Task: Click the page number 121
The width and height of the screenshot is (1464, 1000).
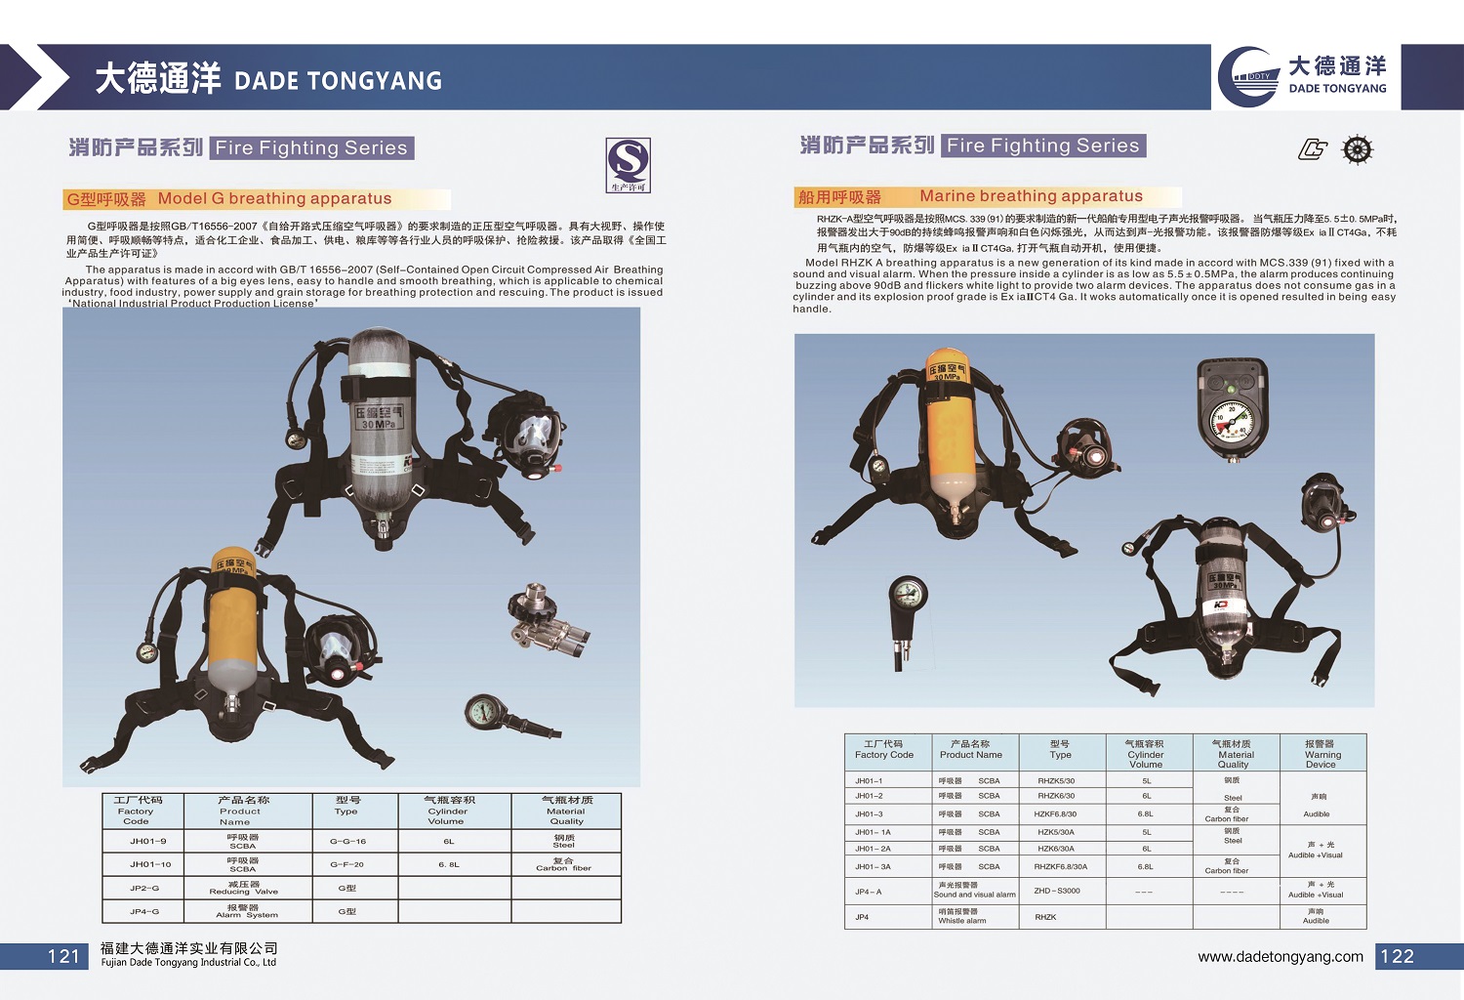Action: (63, 957)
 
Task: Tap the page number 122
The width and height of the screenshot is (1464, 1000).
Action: (1397, 957)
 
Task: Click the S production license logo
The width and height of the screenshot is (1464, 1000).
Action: (628, 164)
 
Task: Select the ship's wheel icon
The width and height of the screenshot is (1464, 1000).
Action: (1358, 149)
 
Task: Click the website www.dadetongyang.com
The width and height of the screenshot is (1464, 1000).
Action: (1281, 957)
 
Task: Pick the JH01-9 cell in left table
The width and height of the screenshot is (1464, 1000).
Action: (148, 841)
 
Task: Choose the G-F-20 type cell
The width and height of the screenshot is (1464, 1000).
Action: (346, 864)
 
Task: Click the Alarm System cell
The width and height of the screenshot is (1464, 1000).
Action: (244, 911)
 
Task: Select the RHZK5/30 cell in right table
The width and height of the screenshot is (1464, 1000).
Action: (1056, 781)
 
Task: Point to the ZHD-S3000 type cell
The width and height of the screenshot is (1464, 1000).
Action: (1057, 891)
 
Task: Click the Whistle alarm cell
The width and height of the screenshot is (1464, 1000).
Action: (962, 916)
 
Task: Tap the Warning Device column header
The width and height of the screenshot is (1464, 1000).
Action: (1322, 754)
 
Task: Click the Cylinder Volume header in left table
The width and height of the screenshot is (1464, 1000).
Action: (448, 811)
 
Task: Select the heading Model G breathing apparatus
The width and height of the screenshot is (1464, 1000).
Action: (274, 199)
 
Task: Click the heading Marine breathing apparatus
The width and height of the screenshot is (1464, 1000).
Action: (1031, 196)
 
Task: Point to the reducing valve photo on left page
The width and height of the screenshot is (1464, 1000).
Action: (546, 617)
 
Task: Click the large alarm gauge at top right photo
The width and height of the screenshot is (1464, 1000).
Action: (1232, 410)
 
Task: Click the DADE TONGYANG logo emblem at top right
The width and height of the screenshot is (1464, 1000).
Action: (1250, 77)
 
